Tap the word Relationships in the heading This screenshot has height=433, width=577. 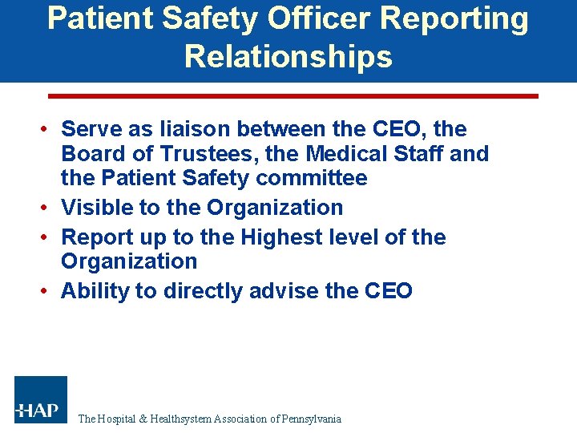(288, 57)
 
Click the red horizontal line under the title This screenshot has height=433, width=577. (293, 95)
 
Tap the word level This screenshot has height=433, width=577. (337, 237)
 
